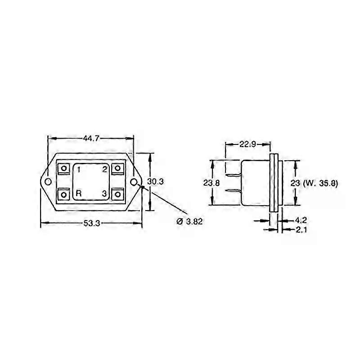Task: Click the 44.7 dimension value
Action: (91, 139)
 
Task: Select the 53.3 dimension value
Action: (92, 223)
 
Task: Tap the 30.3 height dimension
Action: (155, 182)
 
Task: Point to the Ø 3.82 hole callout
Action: (189, 221)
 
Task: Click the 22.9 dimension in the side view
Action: (247, 144)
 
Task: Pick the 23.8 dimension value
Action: (211, 183)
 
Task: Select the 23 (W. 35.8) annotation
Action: (314, 184)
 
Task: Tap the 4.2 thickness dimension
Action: (301, 220)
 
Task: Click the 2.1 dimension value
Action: (301, 229)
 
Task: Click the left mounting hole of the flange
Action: (48, 182)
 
